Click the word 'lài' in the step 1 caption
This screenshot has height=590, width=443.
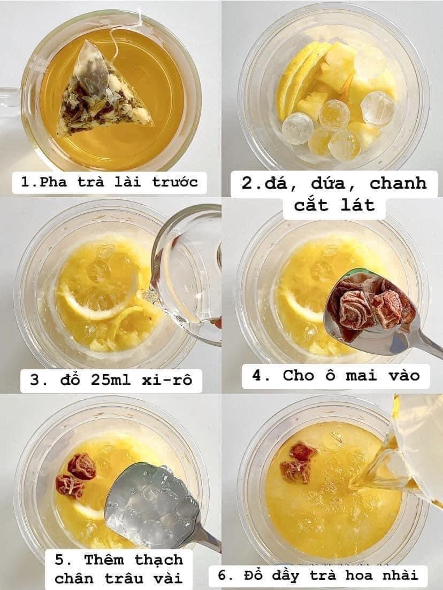127,182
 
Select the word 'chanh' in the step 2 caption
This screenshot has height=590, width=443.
398,183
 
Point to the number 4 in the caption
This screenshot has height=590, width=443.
256,375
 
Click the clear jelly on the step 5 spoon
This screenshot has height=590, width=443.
152,502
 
